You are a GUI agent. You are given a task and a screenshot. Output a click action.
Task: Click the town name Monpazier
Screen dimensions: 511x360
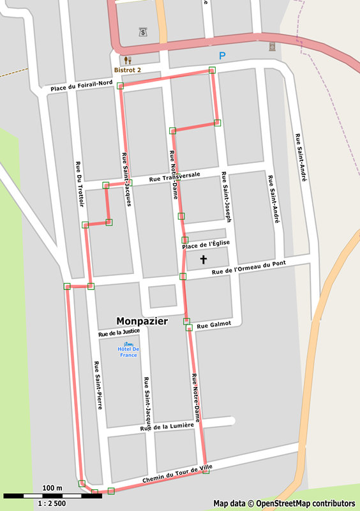(142, 321)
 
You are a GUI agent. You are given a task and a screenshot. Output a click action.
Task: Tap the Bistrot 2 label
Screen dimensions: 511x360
(127, 69)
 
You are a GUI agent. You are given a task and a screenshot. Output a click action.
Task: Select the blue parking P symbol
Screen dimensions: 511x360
(222, 56)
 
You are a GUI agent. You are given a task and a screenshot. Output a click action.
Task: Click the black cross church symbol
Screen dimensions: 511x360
(204, 259)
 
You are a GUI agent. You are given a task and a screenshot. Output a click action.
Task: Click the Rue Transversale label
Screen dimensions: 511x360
(174, 177)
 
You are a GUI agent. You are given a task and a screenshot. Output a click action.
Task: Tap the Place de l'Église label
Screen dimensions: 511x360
(206, 245)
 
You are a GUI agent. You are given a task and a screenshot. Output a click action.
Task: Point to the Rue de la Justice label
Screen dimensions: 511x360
(119, 332)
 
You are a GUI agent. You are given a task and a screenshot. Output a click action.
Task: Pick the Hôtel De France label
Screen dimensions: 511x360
(128, 352)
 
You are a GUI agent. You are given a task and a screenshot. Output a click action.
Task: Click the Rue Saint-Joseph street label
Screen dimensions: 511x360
(225, 197)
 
